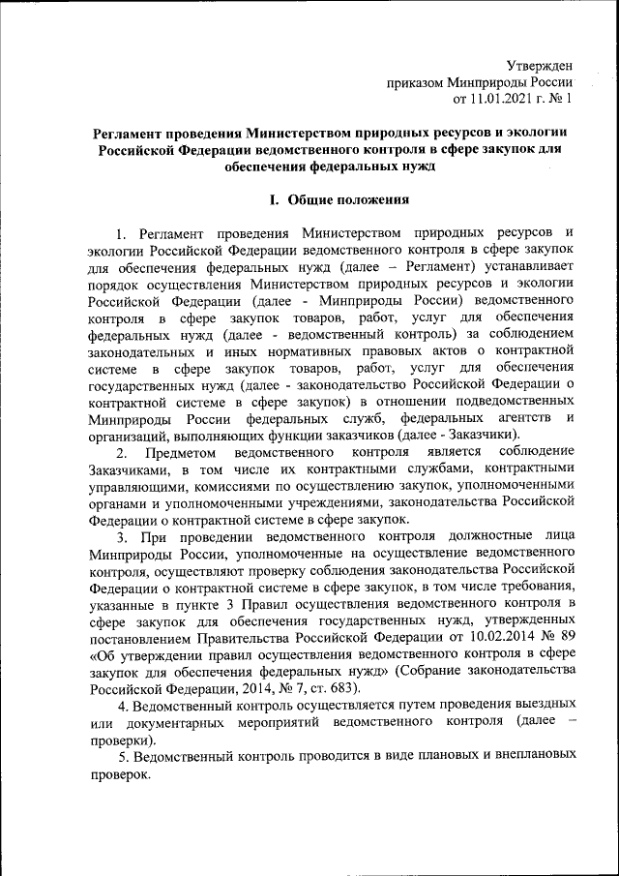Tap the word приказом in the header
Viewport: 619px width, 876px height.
[x=415, y=82]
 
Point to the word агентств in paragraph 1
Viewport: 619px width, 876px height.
[x=523, y=418]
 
